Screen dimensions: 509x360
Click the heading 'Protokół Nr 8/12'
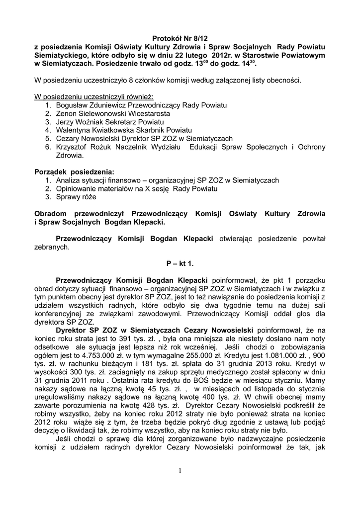[180, 38]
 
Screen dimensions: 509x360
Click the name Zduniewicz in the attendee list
[103, 106]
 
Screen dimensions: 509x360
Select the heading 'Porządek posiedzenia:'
[74, 171]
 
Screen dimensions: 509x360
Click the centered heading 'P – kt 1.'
[180, 261]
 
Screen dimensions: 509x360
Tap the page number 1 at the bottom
[180, 471]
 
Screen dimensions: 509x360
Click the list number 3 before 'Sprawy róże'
[48, 196]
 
